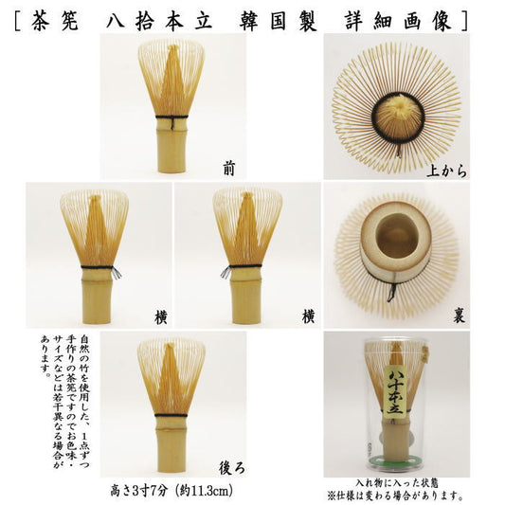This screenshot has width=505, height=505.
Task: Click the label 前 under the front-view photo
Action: click(x=229, y=169)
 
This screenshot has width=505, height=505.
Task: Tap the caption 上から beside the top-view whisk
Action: click(x=446, y=170)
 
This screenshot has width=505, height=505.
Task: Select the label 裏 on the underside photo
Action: click(x=459, y=316)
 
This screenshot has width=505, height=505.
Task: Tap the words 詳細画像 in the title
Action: click(x=398, y=22)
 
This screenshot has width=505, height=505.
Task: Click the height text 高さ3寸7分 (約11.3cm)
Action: click(x=171, y=491)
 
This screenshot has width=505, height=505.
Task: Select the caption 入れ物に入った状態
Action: click(x=397, y=483)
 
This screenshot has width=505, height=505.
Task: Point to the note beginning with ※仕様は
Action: click(x=395, y=494)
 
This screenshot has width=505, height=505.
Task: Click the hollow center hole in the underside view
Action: click(x=396, y=236)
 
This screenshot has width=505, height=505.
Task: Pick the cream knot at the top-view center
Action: click(x=400, y=103)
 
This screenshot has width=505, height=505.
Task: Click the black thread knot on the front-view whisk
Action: click(x=172, y=122)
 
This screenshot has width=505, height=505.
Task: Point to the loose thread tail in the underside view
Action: click(x=391, y=292)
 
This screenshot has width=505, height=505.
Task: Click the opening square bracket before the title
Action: click(x=18, y=22)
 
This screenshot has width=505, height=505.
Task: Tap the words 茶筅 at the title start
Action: click(x=55, y=22)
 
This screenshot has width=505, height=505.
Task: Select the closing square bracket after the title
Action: click(x=464, y=22)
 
